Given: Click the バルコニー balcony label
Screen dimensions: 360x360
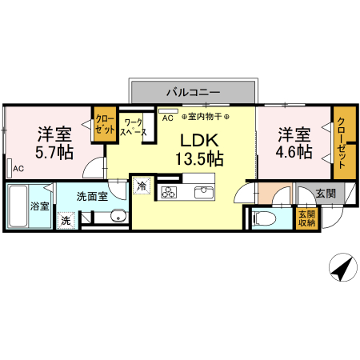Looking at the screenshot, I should click(x=193, y=92).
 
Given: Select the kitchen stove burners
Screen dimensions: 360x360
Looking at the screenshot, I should click(x=170, y=192).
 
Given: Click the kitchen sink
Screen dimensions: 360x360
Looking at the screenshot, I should click(x=202, y=192).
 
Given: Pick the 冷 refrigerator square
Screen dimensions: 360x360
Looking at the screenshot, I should click(x=141, y=185).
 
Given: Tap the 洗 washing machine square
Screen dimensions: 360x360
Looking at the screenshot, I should click(x=66, y=220).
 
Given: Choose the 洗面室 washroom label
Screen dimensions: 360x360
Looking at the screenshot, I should click(x=91, y=194).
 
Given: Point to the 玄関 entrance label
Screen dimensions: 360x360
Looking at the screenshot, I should click(x=325, y=193).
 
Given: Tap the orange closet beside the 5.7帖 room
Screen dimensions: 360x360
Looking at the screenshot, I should click(x=105, y=125).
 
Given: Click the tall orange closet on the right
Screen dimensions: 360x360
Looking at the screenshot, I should click(x=342, y=142).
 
